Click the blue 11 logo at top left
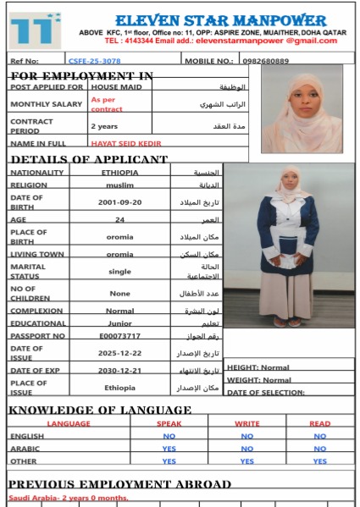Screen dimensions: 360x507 pos(35,29)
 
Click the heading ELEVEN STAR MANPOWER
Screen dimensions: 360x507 pos(220,19)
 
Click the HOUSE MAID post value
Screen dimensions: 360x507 pos(116,87)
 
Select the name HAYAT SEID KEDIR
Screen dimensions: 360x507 pos(125,144)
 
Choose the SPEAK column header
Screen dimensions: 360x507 pos(169,423)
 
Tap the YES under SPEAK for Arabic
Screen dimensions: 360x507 pos(169,449)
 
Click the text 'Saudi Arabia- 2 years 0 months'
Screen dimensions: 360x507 pos(68,498)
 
